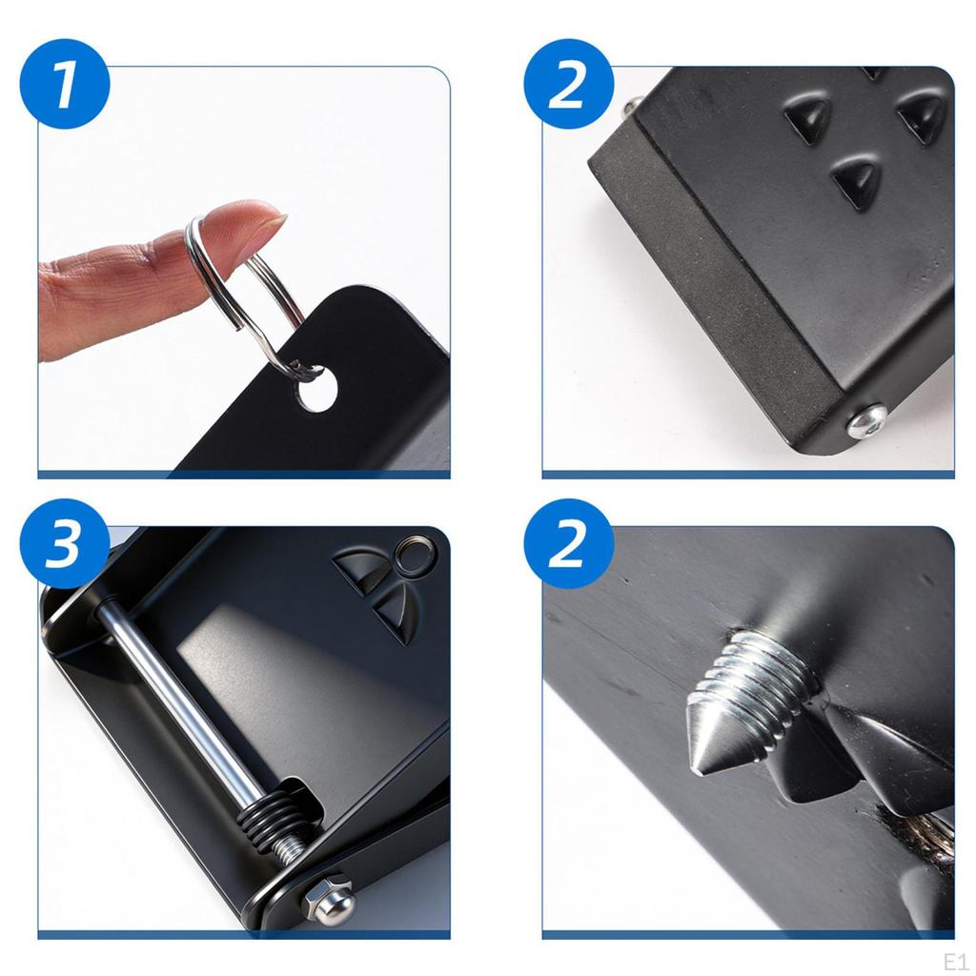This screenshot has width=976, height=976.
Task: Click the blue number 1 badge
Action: point(65,84)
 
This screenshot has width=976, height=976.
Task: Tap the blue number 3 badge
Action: point(65,544)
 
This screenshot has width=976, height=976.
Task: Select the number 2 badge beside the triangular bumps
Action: point(569,84)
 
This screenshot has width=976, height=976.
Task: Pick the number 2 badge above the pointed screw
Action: point(569,544)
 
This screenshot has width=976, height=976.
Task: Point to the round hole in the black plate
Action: point(317,389)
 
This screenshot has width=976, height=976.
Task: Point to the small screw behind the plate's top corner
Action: point(633,106)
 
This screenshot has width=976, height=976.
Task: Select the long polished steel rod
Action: point(180,697)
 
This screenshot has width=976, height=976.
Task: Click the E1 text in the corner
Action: point(955,962)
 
